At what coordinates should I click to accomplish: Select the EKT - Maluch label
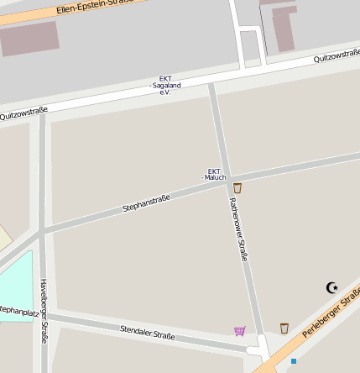point(215,174)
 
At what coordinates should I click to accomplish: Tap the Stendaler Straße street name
point(148,332)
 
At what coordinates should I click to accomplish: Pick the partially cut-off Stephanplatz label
point(17,311)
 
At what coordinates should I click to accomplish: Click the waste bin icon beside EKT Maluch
point(237,188)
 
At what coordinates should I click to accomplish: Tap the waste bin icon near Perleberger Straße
point(284,328)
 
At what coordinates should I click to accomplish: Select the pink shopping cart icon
point(240,331)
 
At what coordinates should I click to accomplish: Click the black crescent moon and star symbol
point(332,288)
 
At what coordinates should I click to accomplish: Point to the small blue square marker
point(294,361)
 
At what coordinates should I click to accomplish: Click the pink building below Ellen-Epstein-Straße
point(29,39)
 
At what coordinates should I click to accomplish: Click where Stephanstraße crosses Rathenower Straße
point(225,184)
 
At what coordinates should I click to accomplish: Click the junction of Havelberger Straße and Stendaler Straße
point(43,318)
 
